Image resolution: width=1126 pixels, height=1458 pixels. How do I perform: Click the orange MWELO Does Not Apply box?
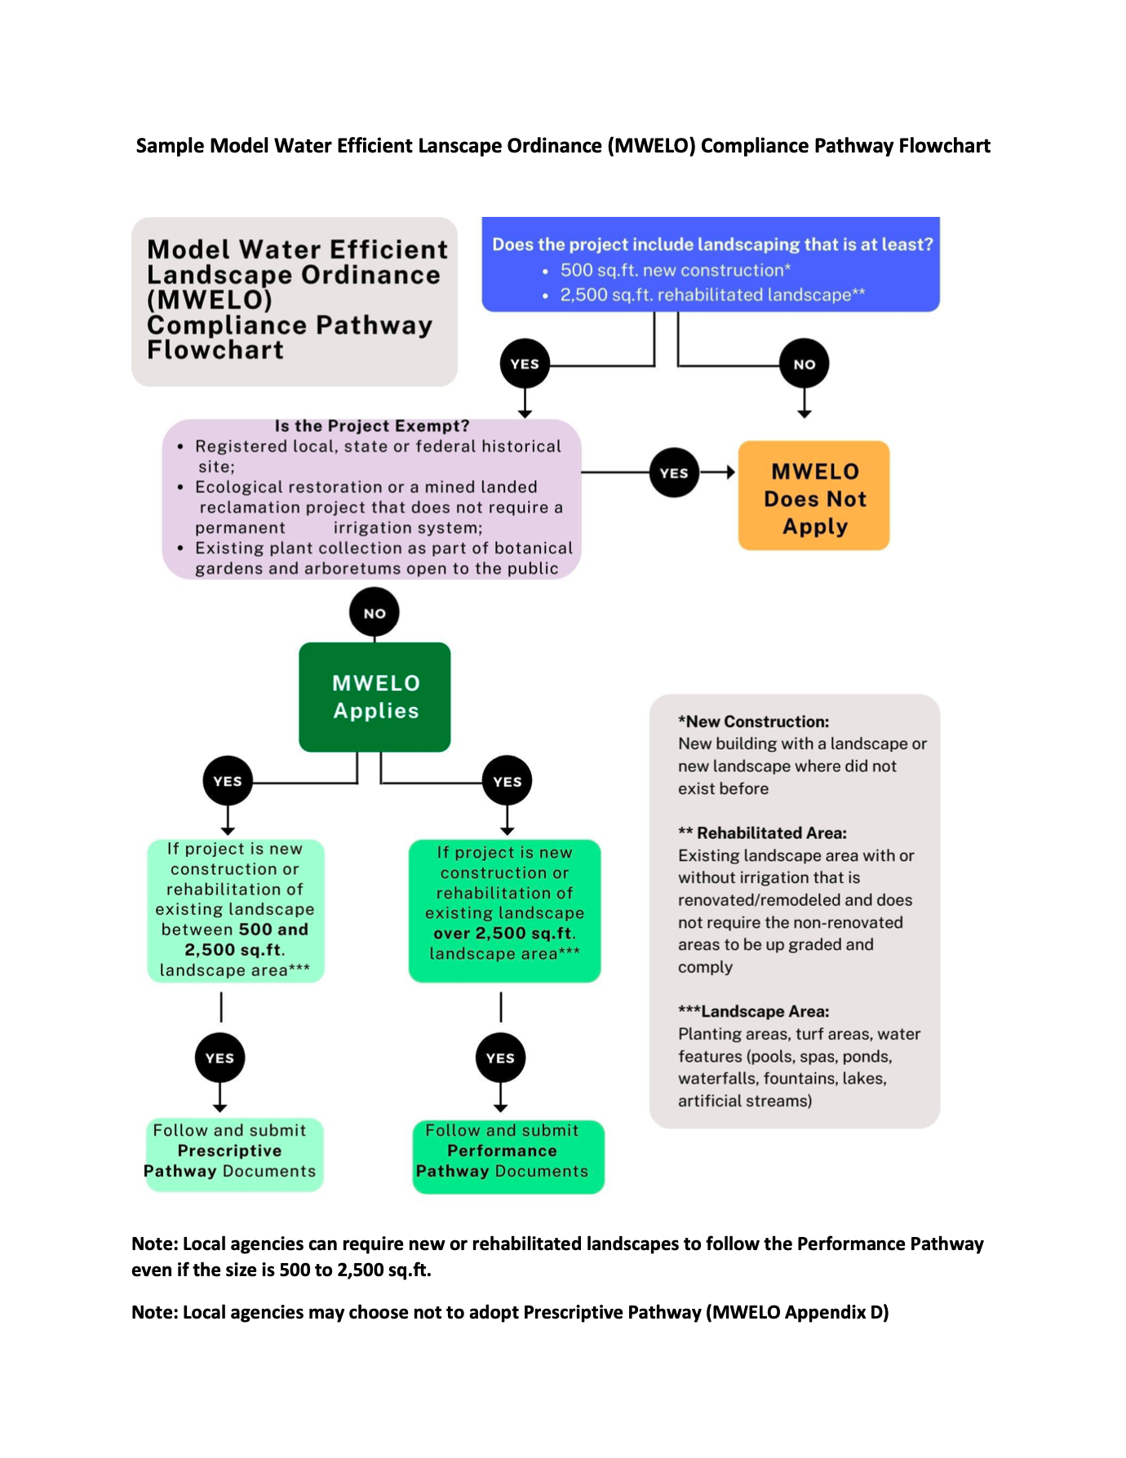click(x=813, y=496)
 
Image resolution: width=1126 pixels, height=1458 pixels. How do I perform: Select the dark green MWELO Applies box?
click(x=375, y=696)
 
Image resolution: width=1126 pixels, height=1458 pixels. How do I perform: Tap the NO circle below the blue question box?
click(x=804, y=364)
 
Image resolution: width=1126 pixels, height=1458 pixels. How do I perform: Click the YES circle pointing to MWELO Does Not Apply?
click(x=674, y=472)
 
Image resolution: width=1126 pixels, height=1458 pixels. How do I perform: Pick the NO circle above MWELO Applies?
click(x=375, y=613)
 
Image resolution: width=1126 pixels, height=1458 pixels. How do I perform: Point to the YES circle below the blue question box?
click(x=525, y=364)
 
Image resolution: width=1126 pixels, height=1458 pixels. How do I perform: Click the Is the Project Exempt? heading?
click(x=372, y=426)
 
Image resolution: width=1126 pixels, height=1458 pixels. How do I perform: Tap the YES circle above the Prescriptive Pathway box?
click(x=219, y=1058)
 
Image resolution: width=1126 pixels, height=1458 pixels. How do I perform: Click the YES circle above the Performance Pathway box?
click(x=500, y=1058)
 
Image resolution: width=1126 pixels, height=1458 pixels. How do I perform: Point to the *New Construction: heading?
click(x=753, y=722)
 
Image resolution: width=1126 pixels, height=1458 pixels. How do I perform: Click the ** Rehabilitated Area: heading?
click(x=762, y=833)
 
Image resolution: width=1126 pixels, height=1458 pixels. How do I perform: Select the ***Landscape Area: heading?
click(x=753, y=1011)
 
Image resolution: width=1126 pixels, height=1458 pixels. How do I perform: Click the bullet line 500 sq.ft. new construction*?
click(x=675, y=270)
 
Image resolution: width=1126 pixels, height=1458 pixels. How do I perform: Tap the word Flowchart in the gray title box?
click(x=215, y=350)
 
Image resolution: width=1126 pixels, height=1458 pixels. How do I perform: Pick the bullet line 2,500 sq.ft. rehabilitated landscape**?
click(x=712, y=294)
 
